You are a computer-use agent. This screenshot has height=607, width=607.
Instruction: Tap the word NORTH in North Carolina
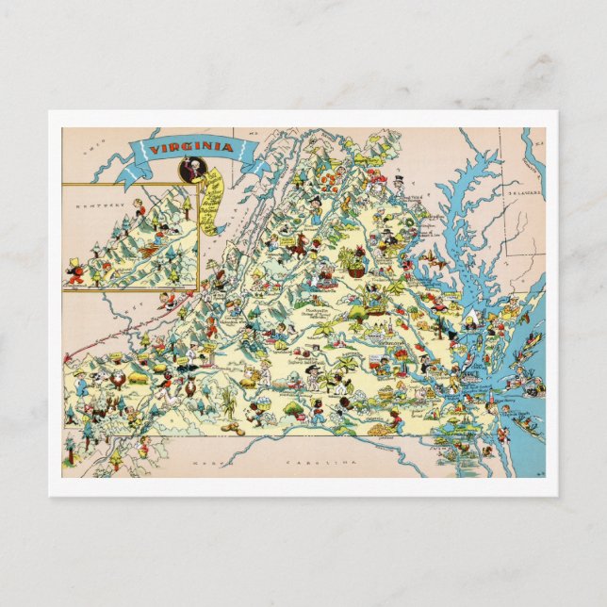pos(205,464)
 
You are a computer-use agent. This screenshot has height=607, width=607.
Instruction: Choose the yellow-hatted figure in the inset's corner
pos(74,270)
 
